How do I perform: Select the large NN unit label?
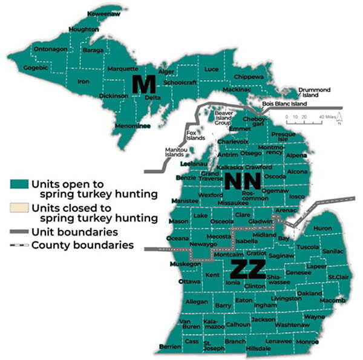[x=243, y=181]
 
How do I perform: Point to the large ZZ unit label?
[x=248, y=270]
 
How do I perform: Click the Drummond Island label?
[x=315, y=93]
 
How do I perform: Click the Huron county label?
[x=322, y=228]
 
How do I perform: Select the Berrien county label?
[x=169, y=347]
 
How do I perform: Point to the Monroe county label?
[x=309, y=341]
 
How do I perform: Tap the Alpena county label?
[x=296, y=155]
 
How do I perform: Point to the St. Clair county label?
[x=338, y=277]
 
